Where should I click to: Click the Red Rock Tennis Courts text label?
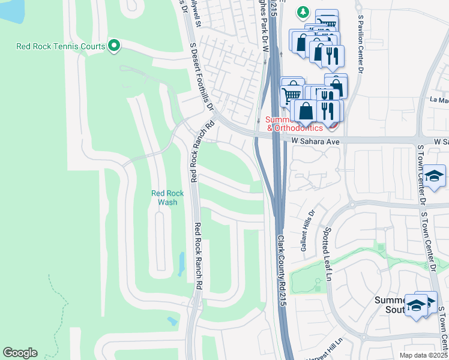click(60, 46)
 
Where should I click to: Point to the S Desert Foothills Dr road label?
click(202, 76)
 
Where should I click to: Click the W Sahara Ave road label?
click(316, 140)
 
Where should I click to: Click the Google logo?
click(20, 353)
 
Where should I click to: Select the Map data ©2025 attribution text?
click(423, 355)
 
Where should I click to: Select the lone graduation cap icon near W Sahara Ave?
click(433, 176)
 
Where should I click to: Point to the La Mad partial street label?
click(439, 100)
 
